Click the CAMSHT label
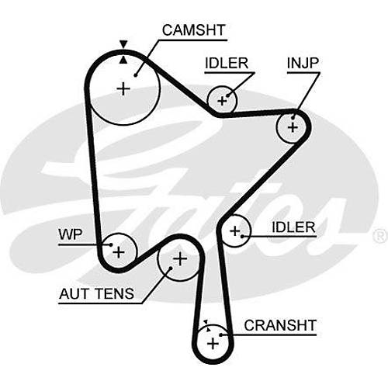coord(193,30)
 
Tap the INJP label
coord(303,63)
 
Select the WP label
coord(71,234)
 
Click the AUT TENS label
coord(96,293)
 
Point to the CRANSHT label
coord(280,325)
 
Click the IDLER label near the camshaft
coord(227,63)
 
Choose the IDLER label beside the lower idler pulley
coord(293,227)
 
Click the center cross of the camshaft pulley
coord(123,89)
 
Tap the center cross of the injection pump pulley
coord(293,127)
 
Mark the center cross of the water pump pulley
coord(119,252)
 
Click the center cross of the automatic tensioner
coord(180,258)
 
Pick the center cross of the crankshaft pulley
coord(213,344)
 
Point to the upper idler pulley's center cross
coord(222,101)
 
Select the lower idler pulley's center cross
coord(235,230)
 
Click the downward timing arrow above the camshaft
coord(123,44)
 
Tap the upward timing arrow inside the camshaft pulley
coord(123,60)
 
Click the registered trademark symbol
coord(379,236)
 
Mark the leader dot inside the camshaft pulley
coord(135,75)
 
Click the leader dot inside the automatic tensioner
coord(171,268)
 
